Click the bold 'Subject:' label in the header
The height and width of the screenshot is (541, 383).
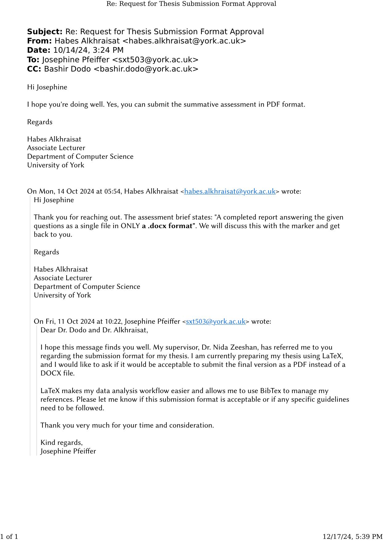tap(45, 32)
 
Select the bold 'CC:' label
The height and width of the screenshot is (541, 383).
tap(34, 69)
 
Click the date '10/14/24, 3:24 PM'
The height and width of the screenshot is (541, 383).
tap(88, 50)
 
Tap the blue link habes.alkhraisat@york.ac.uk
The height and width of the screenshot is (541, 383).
tap(230, 191)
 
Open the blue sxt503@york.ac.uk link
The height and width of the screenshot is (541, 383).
tap(216, 322)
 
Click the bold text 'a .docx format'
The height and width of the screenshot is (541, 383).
tap(167, 226)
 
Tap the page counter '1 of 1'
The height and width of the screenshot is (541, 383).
tap(9, 537)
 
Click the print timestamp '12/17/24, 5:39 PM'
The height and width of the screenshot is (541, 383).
tap(352, 537)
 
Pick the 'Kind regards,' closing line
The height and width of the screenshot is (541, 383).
tap(62, 443)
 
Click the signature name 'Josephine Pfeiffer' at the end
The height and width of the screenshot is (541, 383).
tap(68, 451)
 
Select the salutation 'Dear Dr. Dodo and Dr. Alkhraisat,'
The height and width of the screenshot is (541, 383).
tap(94, 330)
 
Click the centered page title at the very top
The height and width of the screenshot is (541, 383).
tap(191, 4)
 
